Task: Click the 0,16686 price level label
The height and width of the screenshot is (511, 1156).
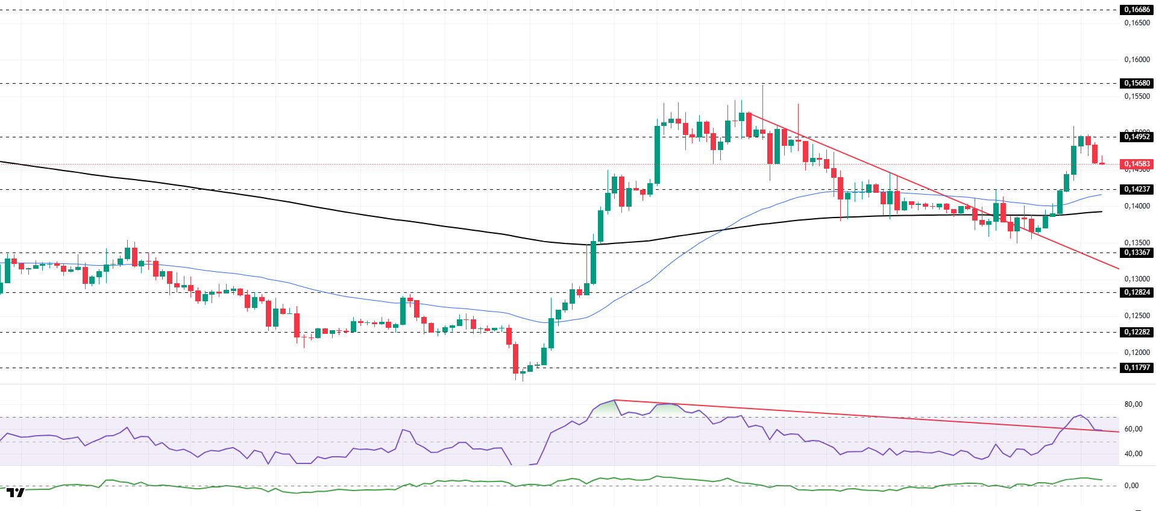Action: (1136, 10)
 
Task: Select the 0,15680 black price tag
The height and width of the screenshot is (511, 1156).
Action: (1136, 83)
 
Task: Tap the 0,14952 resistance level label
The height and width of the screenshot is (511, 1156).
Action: (1136, 137)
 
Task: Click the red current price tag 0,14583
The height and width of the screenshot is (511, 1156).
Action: (1136, 164)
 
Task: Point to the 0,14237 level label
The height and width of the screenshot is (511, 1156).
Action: (1136, 189)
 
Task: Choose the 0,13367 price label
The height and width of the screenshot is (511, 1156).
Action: (1136, 252)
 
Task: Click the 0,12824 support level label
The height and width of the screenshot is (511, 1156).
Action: (1136, 292)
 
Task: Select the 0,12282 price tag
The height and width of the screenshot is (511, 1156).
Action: (1136, 332)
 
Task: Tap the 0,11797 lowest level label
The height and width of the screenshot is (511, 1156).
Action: (1136, 368)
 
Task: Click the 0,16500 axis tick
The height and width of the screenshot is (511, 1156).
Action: (1137, 23)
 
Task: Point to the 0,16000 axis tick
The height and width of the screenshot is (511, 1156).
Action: (1137, 60)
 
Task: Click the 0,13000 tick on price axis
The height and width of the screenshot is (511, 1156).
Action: (1137, 279)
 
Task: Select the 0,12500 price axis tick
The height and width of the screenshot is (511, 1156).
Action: (1137, 316)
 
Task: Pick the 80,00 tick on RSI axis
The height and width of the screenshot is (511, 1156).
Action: (1133, 404)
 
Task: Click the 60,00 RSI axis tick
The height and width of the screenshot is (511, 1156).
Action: (1133, 429)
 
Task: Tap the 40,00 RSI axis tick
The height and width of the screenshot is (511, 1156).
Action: (1133, 454)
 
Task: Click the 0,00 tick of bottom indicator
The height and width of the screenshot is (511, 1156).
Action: (1131, 486)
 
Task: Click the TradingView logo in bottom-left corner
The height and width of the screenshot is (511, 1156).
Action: (16, 492)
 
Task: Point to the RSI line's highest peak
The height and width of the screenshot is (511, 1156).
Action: (614, 400)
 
